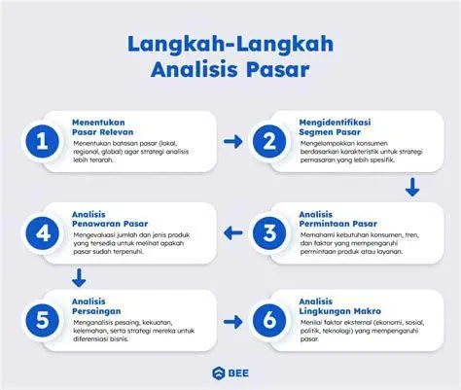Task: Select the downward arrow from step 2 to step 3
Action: [x=412, y=187]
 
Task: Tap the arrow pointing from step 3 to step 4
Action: [x=232, y=231]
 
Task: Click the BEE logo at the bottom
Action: [x=230, y=371]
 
